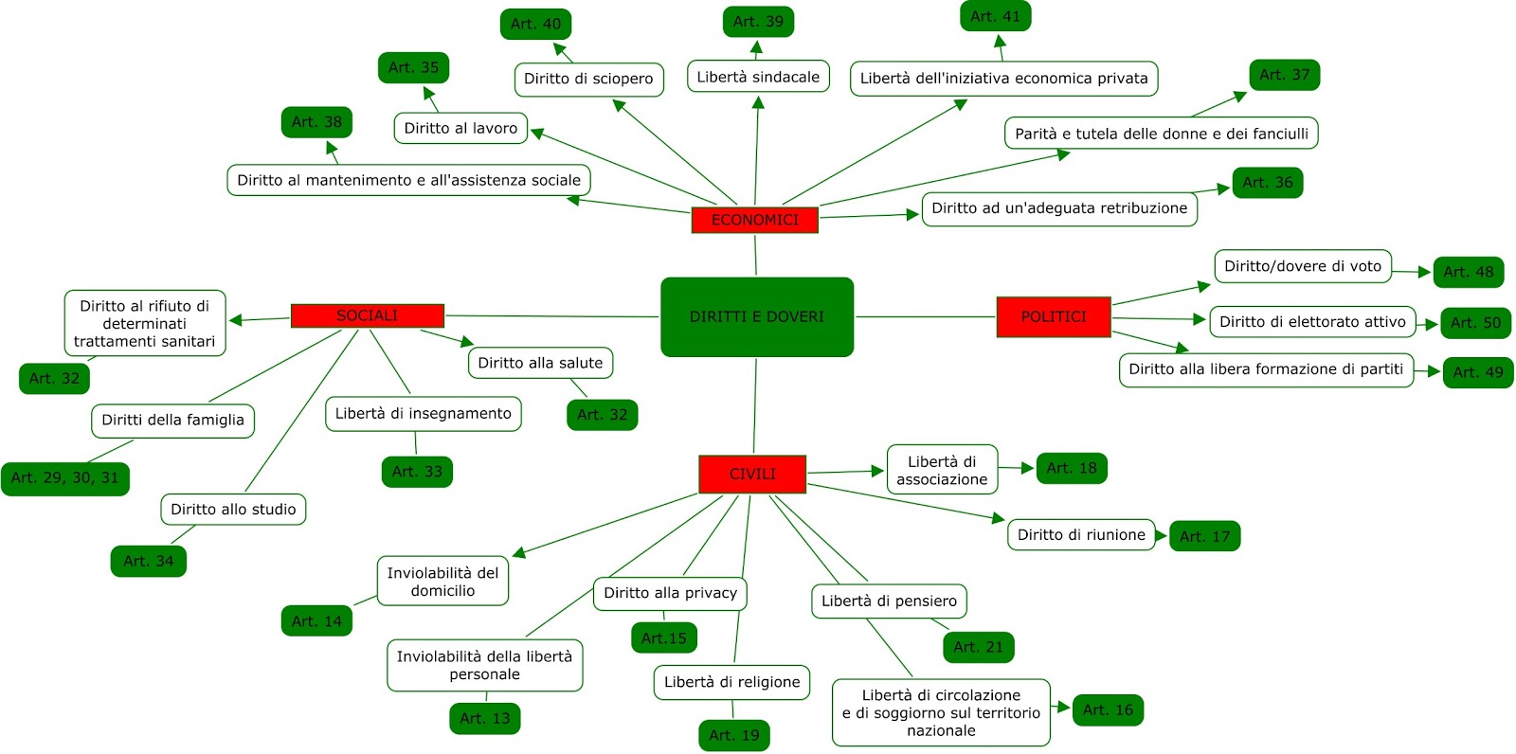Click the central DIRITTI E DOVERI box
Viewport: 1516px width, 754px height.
757,316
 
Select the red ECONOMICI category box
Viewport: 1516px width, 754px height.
754,220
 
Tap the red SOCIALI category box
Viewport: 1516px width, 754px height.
368,315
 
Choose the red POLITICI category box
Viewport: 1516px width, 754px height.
1054,316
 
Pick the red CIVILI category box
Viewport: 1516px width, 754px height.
752,474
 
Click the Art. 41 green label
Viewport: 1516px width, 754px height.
995,16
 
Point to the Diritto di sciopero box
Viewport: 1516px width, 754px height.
588,80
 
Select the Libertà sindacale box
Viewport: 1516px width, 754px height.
758,77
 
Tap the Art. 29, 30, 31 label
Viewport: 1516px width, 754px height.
65,477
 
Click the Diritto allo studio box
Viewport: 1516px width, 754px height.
233,509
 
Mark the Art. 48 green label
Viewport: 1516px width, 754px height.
1469,272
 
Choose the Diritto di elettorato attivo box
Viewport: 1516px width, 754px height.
1313,321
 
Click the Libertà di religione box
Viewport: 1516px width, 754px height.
731,682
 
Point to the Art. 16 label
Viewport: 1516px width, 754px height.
1108,710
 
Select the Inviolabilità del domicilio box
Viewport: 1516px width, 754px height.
442,582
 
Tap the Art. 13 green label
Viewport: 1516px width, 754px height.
484,718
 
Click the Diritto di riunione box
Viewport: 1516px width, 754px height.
1081,534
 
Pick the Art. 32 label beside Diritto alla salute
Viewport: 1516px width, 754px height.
603,415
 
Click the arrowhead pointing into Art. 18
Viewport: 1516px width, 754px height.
1028,468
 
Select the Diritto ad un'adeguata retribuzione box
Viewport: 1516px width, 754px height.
1060,208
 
